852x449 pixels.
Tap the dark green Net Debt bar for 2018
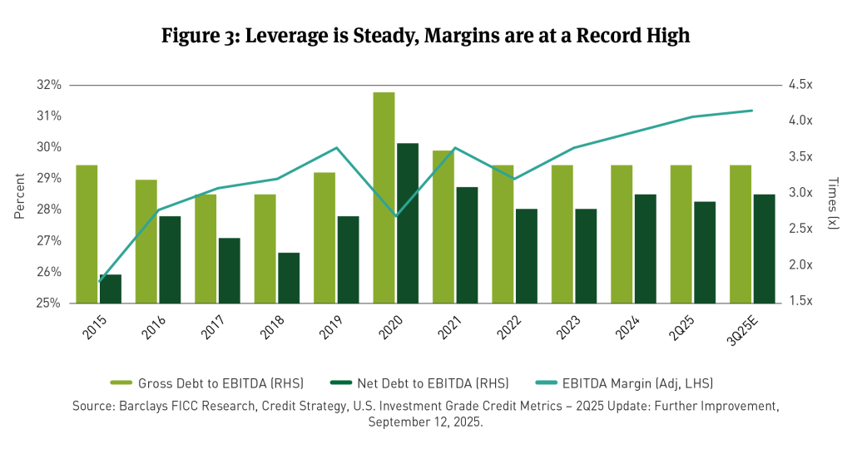tap(289, 278)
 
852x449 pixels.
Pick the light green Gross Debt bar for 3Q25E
tap(741, 234)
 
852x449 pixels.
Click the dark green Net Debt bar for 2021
tap(467, 244)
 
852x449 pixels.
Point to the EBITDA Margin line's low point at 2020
tap(396, 216)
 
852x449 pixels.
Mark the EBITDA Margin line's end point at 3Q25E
tap(752, 111)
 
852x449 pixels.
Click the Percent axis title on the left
tap(19, 194)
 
